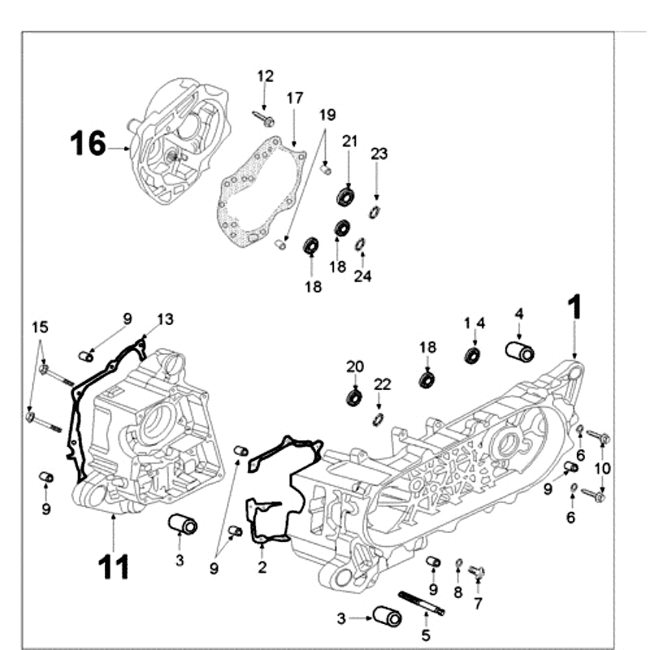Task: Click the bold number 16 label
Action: [87, 144]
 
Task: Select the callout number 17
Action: [294, 98]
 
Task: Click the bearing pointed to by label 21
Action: [347, 196]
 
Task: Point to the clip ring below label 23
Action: [375, 212]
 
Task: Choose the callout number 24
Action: [362, 276]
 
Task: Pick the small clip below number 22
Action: [378, 418]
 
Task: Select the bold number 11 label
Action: [113, 566]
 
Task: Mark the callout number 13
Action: [165, 319]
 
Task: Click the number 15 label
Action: [40, 327]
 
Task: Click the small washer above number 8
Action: [459, 564]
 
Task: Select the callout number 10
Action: [602, 468]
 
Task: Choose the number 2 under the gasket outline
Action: [262, 568]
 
